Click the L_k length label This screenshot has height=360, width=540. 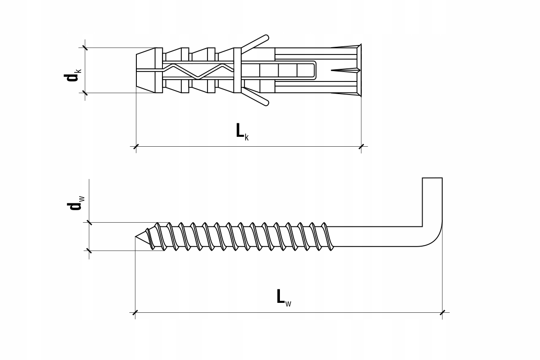pos(242,132)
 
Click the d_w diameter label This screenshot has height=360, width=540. pos(76,203)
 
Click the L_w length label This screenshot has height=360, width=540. pos(284,298)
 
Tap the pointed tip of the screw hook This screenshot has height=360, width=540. pos(135,237)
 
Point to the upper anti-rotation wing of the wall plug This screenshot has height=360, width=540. pos(255,44)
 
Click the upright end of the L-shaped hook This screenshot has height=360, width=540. pos(432,202)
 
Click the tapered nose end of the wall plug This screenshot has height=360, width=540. pos(146,70)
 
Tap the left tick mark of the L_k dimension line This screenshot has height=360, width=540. pos(136,146)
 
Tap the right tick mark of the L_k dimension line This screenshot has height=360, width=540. pos(361,146)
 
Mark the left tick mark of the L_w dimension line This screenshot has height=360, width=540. pos(135,312)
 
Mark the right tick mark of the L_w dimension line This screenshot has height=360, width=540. pos(442,312)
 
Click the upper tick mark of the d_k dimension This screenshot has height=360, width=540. pos(85,48)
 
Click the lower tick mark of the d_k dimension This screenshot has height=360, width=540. pos(85,93)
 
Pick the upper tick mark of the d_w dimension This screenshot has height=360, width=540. pos(89,223)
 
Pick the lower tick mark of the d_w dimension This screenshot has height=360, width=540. pos(89,251)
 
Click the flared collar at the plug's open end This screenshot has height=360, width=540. pos(359,70)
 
